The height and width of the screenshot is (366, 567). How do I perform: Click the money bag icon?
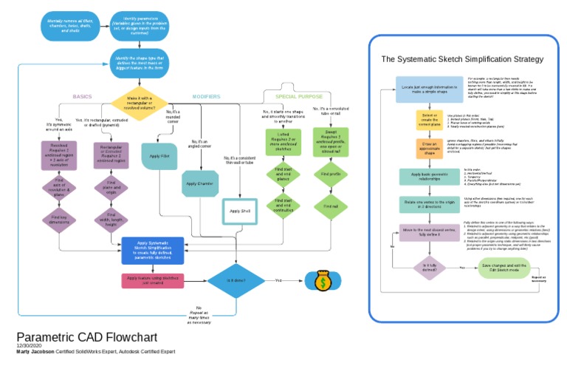click(323, 280)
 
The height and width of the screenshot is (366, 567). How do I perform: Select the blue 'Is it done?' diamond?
click(236, 280)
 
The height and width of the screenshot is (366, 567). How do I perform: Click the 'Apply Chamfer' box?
click(199, 183)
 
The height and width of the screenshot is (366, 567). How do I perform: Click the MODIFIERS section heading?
click(206, 97)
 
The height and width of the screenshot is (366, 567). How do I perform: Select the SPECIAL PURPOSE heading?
click(299, 97)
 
